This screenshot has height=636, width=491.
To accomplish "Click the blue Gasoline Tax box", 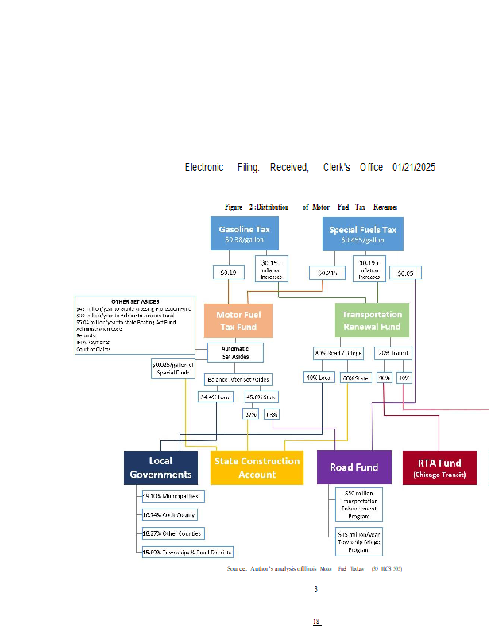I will coord(244,233).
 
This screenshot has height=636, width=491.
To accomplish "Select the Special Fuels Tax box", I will coord(362,234).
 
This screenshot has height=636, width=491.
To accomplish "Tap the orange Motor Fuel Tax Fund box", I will coord(238,320).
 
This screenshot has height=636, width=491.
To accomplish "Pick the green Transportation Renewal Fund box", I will coord(372,320).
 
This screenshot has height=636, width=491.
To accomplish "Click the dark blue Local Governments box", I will coord(160,467).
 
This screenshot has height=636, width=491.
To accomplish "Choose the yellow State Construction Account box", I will coord(257,467).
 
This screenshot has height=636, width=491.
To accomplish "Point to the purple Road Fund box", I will coord(354,467).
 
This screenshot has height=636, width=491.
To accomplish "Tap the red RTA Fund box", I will coord(439,467).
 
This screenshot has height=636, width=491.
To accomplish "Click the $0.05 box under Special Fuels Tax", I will coord(405,273).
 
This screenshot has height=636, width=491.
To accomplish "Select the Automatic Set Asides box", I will coord(235,352).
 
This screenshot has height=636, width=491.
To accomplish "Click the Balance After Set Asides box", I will coord(238,378).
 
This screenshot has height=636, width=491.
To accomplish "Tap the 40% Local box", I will coord(318,378).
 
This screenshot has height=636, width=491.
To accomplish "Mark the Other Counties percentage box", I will coord(172,533).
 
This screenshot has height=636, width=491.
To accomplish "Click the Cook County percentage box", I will coord(171,514).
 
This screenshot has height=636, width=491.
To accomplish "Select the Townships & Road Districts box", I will coord(187,551).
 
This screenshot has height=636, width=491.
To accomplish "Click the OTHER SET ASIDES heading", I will coord(136,302).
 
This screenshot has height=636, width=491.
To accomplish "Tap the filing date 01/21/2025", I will coord(414,167).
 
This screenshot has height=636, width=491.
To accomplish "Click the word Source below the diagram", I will coord(237,568).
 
